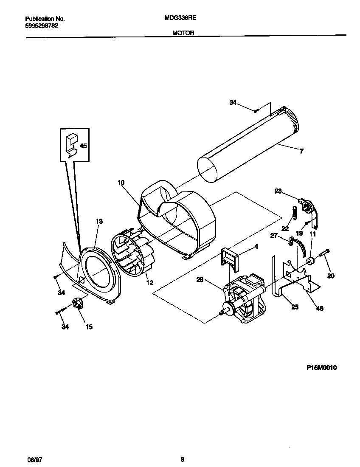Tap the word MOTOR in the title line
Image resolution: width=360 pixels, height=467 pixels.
coord(183,33)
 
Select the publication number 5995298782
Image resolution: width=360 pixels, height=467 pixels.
coord(42,25)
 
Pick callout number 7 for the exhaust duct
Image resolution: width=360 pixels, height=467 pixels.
coord(301,151)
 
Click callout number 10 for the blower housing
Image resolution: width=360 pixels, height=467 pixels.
coord(121,183)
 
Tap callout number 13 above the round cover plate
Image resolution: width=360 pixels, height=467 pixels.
coord(99,221)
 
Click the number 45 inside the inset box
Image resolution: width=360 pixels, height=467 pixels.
coord(83,146)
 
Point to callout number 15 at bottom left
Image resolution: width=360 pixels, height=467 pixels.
coord(89,326)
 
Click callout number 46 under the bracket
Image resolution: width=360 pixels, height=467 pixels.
coord(320,308)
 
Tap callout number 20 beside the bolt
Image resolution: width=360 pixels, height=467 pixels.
coord(331,276)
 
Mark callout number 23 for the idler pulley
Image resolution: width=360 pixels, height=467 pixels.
coord(278,191)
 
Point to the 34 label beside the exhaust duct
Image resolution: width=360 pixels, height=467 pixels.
coord(233,102)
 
